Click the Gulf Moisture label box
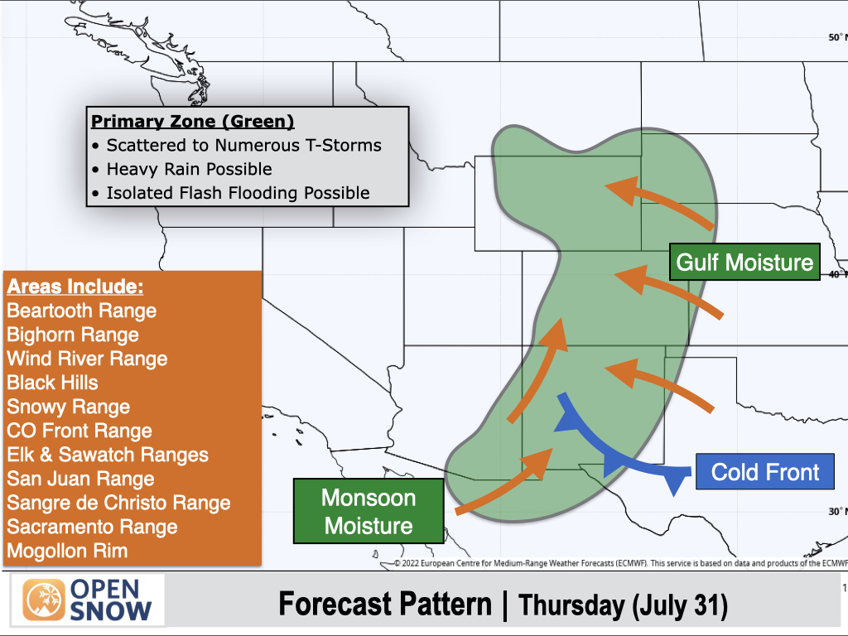[x=744, y=262]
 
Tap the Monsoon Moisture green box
[x=369, y=511]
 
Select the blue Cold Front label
[x=764, y=471]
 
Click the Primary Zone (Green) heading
[x=192, y=121]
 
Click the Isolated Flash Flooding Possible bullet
[x=231, y=193]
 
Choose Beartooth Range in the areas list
[x=82, y=311]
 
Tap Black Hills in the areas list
[x=52, y=383]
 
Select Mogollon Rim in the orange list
[x=67, y=551]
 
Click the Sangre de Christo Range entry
[x=118, y=503]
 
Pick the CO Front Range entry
[x=79, y=431]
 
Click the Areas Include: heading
[x=75, y=287]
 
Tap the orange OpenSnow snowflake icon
[x=44, y=600]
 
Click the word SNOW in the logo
[x=111, y=610]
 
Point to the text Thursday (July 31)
[x=623, y=605]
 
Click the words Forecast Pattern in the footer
[x=385, y=604]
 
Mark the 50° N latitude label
[x=837, y=37]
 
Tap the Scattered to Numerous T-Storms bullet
[x=237, y=146]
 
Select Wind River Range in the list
[x=87, y=359]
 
